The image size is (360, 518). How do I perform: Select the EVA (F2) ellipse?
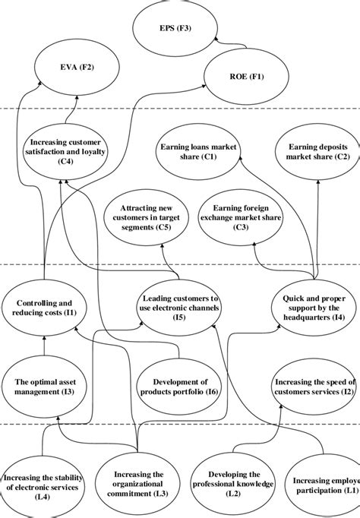coord(76,68)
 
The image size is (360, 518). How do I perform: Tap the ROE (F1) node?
coord(243,77)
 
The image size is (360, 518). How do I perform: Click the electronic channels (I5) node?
coord(181,308)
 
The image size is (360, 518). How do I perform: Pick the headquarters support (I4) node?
coord(314,308)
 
